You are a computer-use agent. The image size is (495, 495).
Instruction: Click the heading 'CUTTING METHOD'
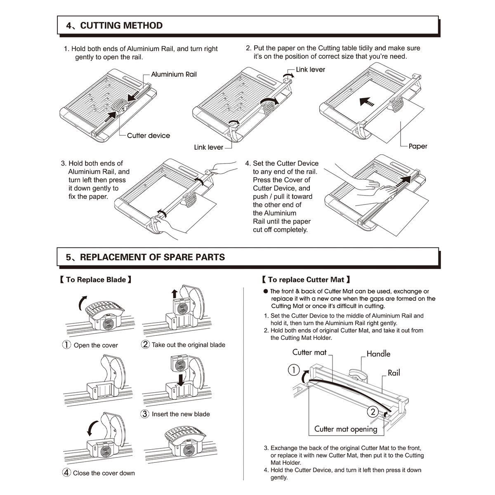point(121,26)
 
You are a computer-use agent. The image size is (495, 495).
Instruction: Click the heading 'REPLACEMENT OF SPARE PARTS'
point(152,257)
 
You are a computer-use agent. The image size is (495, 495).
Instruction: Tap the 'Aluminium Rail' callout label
point(174,74)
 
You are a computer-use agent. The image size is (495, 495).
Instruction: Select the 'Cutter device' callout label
point(148,135)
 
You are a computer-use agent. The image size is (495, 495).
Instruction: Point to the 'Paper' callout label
point(417,146)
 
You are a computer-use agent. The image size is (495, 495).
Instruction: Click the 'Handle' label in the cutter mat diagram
point(378,354)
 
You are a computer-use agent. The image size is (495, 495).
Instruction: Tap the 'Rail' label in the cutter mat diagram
point(394,372)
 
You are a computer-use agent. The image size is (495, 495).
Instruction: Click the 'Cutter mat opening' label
point(346,429)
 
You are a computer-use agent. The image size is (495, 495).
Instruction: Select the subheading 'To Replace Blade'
point(96,280)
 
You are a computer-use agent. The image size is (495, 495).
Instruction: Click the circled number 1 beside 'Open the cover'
point(67,345)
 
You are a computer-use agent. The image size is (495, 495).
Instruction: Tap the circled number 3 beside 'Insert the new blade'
point(145,414)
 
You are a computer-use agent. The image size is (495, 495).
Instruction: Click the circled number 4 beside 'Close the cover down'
point(66,473)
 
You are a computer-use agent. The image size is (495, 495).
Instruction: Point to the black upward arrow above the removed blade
point(174,293)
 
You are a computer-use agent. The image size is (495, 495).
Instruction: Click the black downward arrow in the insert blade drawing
point(180,379)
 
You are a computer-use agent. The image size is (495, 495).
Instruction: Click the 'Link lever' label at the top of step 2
point(310,70)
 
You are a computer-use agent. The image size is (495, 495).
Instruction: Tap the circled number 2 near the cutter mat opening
point(372,411)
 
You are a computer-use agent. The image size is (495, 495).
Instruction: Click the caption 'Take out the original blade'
point(189,345)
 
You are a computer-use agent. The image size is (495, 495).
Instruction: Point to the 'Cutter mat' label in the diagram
point(309,352)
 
